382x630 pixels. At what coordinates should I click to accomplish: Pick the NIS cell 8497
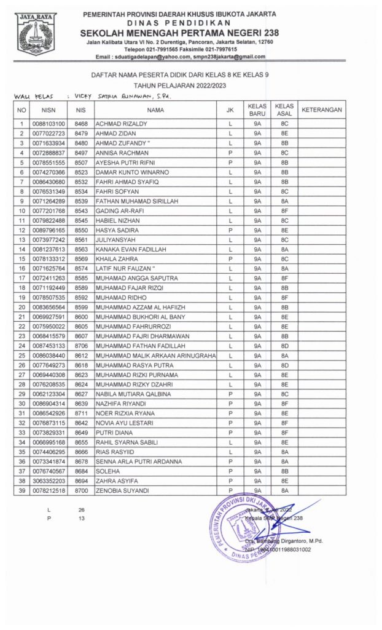click(80, 153)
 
